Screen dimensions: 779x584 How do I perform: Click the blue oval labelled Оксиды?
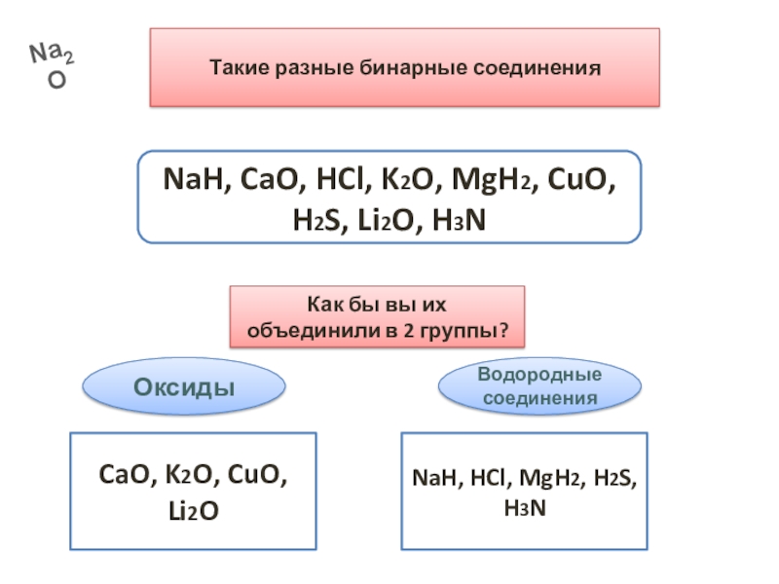[x=184, y=386]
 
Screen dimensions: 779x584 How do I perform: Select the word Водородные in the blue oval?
[x=539, y=375]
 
